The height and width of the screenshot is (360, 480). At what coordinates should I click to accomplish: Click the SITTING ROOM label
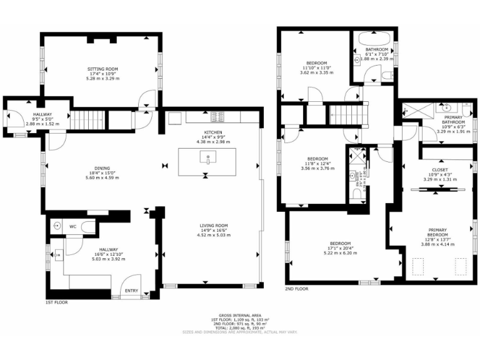pyautogui.click(x=102, y=69)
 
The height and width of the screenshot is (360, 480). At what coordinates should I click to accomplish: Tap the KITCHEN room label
pyautogui.click(x=213, y=132)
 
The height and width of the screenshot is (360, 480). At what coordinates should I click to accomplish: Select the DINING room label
pyautogui.click(x=102, y=168)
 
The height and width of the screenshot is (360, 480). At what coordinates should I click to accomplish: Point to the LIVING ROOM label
pyautogui.click(x=214, y=226)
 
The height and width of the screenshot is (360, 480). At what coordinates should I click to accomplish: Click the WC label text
pyautogui.click(x=72, y=226)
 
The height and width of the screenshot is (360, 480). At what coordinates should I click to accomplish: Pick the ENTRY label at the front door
pyautogui.click(x=132, y=290)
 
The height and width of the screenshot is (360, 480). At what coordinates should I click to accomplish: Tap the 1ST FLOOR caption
pyautogui.click(x=57, y=302)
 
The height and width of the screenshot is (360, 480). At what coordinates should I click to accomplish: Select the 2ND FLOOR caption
pyautogui.click(x=297, y=289)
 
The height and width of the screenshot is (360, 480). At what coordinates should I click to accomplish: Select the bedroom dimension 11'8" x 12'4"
pyautogui.click(x=314, y=164)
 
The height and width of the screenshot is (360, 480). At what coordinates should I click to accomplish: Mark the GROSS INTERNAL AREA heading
pyautogui.click(x=239, y=315)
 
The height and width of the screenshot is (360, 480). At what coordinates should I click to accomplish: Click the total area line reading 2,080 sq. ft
pyautogui.click(x=240, y=328)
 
